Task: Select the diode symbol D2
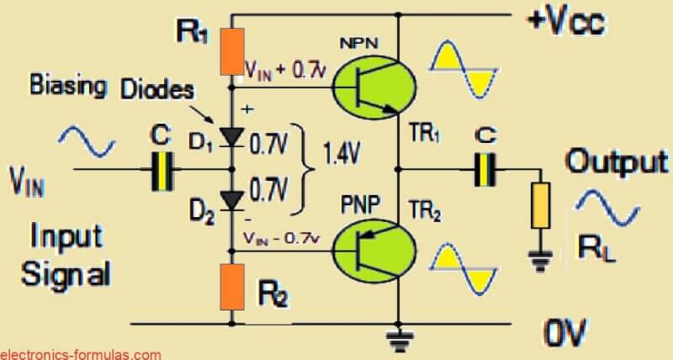click(x=232, y=199)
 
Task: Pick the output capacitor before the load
click(x=485, y=168)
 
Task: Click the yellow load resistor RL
click(x=538, y=204)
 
